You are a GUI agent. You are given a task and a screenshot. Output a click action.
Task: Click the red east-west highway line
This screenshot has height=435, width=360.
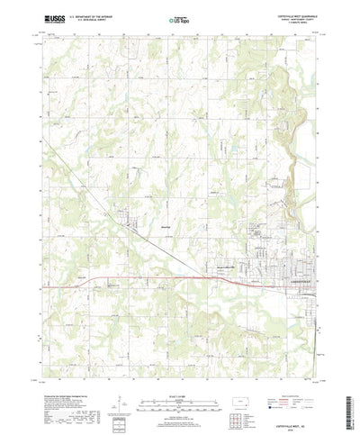point(162,277)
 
